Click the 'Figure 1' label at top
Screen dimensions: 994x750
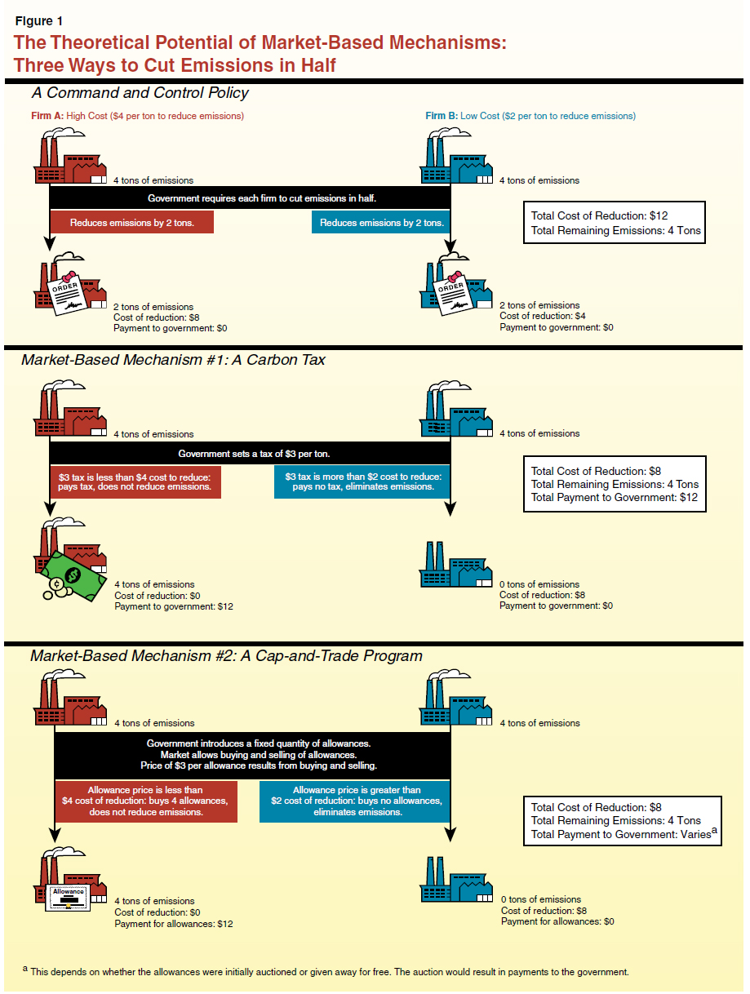38,21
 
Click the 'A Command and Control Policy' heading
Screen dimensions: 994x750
140,93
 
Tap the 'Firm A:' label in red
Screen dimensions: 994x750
36,116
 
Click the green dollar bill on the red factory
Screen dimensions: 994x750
76,575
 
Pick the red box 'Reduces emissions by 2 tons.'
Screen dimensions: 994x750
132,222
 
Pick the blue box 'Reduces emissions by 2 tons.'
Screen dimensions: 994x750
381,222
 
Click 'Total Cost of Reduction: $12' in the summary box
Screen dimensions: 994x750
600,215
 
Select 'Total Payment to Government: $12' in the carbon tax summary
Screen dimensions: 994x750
614,497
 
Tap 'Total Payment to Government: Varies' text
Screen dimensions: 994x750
623,834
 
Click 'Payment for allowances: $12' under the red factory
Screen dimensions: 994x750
174,924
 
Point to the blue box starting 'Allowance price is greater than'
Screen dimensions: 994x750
357,801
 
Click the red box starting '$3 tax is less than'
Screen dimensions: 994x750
135,481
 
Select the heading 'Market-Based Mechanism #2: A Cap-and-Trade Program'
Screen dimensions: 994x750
226,655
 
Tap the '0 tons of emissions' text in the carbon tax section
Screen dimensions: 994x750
539,584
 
